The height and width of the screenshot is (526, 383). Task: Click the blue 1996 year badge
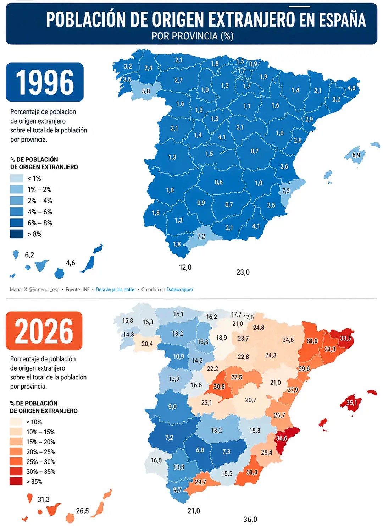(x=45, y=82)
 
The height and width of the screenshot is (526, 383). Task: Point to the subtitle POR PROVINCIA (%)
(x=193, y=36)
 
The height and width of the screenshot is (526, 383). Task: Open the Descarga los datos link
(x=116, y=290)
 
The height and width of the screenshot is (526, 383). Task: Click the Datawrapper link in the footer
(x=180, y=290)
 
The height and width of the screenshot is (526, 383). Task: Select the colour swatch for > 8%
(x=17, y=234)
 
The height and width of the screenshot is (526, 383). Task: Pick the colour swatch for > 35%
(x=16, y=482)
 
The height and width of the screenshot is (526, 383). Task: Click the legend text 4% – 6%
(x=40, y=212)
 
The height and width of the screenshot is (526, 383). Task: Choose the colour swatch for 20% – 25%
(x=16, y=451)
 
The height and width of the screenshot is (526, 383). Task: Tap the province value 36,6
(x=281, y=438)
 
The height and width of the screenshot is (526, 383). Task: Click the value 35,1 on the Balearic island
(x=351, y=403)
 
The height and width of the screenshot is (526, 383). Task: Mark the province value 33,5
(x=345, y=338)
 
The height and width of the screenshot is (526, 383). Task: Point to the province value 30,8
(x=219, y=387)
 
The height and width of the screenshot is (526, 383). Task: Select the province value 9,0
(x=172, y=407)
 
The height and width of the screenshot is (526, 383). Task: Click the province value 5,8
(x=146, y=91)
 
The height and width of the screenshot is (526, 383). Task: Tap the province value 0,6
(x=218, y=182)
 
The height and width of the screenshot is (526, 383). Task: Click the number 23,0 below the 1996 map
(x=243, y=272)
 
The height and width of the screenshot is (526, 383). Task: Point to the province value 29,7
(x=200, y=482)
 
